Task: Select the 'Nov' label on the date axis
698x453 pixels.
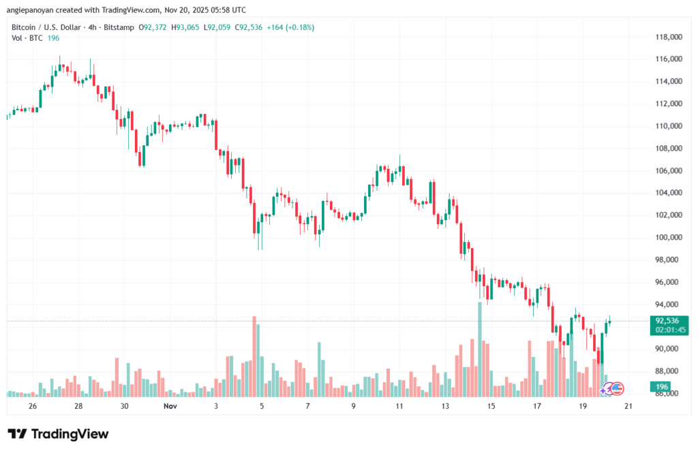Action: (x=170, y=405)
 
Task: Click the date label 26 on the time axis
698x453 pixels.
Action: (x=33, y=405)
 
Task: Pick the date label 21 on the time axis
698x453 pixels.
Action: (x=628, y=405)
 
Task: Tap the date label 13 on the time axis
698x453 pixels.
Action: (x=445, y=405)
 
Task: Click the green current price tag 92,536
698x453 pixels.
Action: (x=667, y=321)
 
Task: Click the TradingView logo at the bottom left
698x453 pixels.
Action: (x=58, y=434)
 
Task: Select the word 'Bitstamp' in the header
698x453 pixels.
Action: (x=119, y=27)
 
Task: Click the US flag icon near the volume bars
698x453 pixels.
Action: (x=617, y=388)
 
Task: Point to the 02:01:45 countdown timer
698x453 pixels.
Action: (x=667, y=330)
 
